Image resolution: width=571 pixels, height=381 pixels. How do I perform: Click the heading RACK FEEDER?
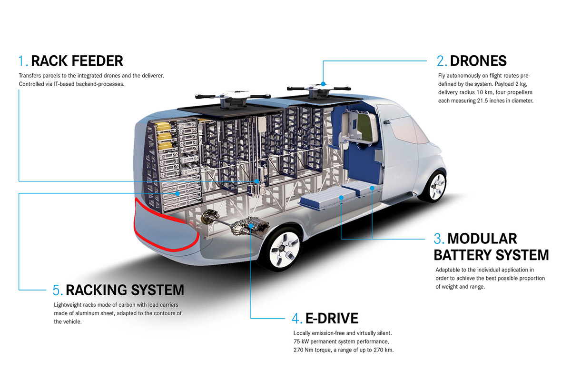[77, 61]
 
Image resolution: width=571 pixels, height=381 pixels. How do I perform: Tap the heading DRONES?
[478, 61]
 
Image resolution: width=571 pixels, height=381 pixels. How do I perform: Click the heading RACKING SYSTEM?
[125, 290]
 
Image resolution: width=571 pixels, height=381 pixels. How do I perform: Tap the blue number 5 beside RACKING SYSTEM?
[57, 290]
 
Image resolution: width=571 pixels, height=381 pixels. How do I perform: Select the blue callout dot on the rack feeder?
[256, 181]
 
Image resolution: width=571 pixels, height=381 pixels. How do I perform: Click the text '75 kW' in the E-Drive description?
[302, 341]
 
